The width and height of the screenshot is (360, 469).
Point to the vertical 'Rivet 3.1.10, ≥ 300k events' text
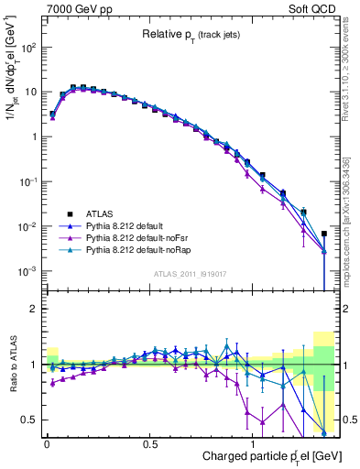tap(348, 82)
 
